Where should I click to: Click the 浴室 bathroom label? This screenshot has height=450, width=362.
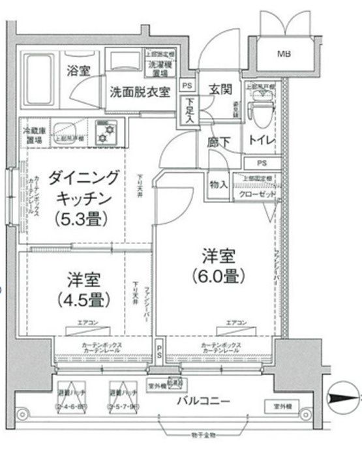pos(78,70)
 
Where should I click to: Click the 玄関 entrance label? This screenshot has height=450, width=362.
pos(220,89)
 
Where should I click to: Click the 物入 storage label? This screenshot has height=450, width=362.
pos(219,184)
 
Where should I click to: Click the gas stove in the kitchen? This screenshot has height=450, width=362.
pos(104,133)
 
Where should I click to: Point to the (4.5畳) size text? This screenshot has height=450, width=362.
pos(82,301)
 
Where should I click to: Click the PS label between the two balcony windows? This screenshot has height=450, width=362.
pos(158,353)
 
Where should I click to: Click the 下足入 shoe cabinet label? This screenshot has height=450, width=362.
pos(189,110)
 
